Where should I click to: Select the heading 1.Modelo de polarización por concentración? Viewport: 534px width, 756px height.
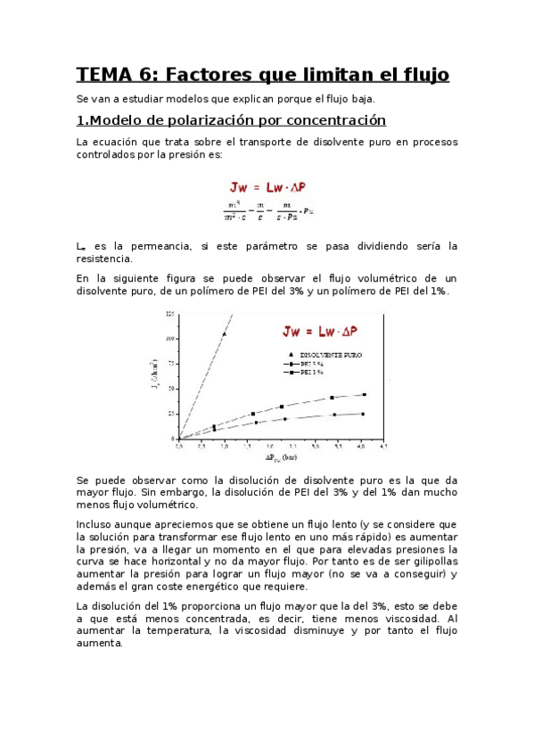(231, 120)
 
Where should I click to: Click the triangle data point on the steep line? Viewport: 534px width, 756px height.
(223, 335)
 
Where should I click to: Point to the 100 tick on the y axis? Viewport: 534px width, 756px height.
(170, 338)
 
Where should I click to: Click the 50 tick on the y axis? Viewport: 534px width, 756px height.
(170, 389)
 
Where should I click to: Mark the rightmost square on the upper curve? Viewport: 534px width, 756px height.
(365, 394)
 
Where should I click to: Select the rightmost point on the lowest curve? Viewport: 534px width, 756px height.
(363, 414)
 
